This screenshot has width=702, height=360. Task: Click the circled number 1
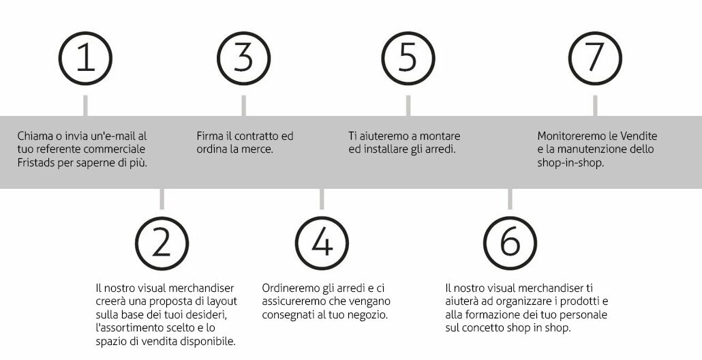click(x=85, y=58)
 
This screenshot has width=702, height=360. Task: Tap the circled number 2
click(x=162, y=243)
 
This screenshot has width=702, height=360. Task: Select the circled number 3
click(x=243, y=58)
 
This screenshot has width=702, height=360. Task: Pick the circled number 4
click(x=322, y=243)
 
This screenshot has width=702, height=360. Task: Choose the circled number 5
click(x=408, y=58)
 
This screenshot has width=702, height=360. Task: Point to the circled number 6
click(x=510, y=243)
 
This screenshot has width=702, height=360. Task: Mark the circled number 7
click(x=595, y=58)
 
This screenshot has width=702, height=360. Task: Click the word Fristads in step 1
click(x=36, y=163)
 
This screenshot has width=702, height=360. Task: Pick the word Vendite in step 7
click(x=640, y=136)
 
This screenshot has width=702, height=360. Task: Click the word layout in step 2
click(x=222, y=302)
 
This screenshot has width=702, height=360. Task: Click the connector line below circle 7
click(x=595, y=106)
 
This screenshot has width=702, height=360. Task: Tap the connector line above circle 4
click(x=322, y=199)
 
